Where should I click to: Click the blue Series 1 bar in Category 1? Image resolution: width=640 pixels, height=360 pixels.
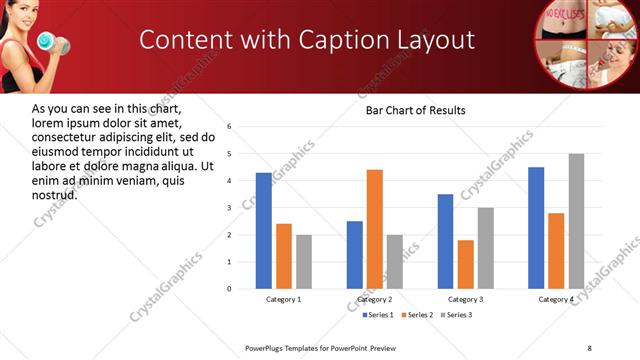pos(263,230)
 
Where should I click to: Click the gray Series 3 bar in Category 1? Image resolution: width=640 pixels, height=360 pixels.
pos(304,261)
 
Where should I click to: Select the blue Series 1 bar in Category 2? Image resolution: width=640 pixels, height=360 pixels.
pos(355,254)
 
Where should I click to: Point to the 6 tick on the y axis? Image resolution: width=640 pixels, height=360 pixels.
pos(229,127)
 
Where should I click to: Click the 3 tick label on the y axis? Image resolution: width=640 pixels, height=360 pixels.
pos(229,208)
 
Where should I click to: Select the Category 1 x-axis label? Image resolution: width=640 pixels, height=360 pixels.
pos(284,300)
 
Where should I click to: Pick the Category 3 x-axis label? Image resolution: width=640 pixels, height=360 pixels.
pos(466,300)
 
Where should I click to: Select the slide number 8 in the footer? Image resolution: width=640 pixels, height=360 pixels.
pos(589,347)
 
